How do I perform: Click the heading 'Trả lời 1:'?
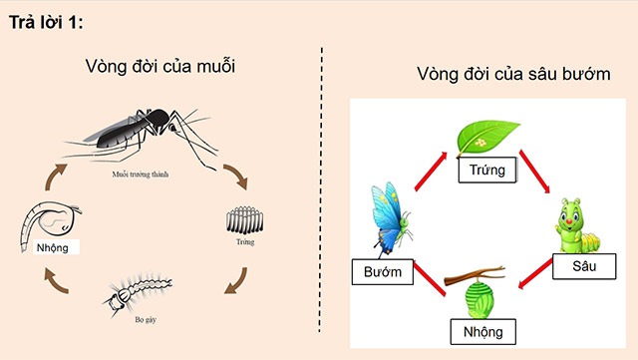coord(49,23)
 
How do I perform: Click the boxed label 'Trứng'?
coord(486,171)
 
